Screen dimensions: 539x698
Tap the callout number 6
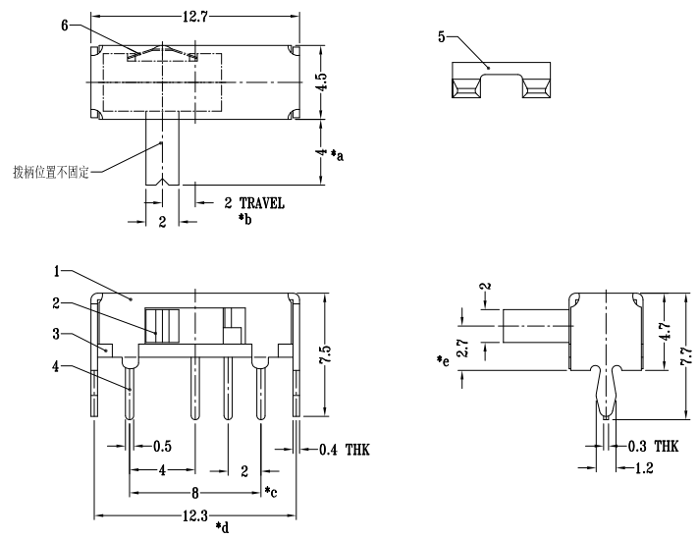click(x=65, y=27)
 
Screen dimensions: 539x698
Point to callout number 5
click(x=442, y=36)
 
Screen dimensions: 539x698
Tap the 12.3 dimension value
click(x=194, y=514)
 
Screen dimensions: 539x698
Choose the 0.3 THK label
click(x=652, y=446)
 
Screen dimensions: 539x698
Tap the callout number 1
click(x=58, y=270)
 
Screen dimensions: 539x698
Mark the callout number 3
click(x=58, y=335)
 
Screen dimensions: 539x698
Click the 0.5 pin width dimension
click(x=163, y=447)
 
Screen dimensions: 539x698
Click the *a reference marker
click(x=337, y=155)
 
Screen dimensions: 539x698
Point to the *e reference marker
click(x=443, y=362)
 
